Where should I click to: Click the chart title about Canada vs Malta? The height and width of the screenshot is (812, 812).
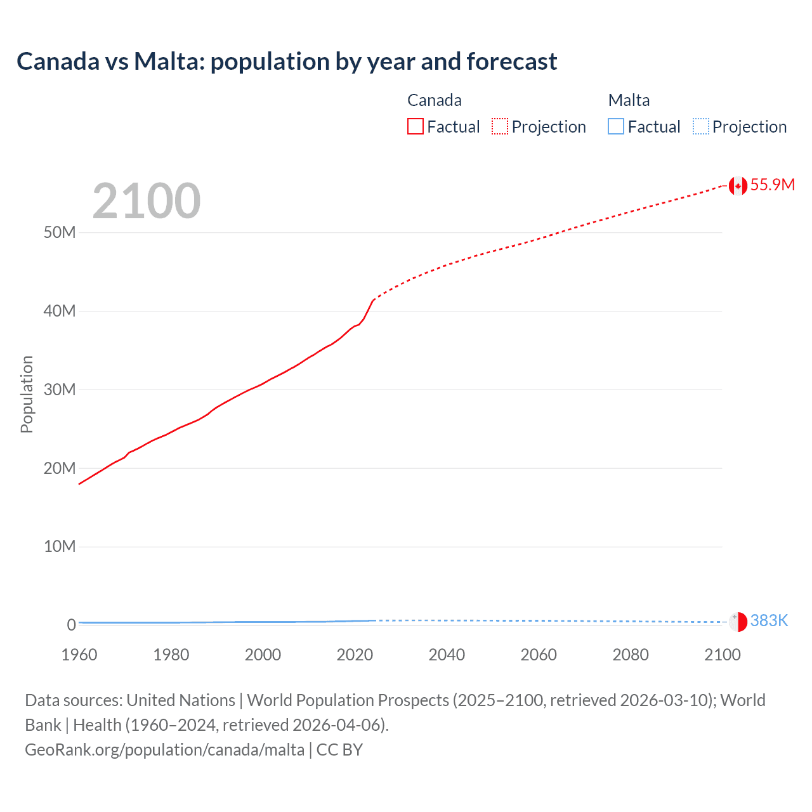coord(287,62)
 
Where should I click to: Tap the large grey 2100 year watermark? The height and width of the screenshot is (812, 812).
coord(147,201)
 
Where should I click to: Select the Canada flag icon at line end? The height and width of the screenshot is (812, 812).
coord(737,185)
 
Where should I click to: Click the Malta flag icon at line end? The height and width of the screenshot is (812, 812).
coord(737,622)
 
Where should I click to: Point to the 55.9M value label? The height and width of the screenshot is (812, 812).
coord(772,185)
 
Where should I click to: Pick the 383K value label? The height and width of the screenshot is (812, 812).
coord(769,621)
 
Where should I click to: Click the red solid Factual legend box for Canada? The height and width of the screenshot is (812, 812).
coord(416,127)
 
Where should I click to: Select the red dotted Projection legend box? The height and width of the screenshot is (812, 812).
coord(500,127)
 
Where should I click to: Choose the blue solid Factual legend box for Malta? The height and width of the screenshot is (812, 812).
coord(616,127)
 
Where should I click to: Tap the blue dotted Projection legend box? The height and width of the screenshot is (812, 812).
coord(701,127)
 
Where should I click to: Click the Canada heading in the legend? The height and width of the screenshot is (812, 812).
coord(435,100)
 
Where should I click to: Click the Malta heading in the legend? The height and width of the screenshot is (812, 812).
coord(629,100)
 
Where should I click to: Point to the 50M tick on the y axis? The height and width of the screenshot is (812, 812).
coord(60,232)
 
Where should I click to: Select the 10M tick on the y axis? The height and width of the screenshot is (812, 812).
coord(60,546)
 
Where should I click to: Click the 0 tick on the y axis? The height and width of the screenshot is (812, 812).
coord(71,625)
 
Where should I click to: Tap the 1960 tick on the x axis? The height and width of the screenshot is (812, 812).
coord(79,655)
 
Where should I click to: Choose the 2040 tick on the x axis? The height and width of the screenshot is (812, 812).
coord(447,655)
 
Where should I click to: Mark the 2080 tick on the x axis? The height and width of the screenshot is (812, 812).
coord(631,655)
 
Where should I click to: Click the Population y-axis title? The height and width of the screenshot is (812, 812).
coord(27,394)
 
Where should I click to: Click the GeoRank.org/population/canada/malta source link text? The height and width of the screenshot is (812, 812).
coord(165,750)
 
